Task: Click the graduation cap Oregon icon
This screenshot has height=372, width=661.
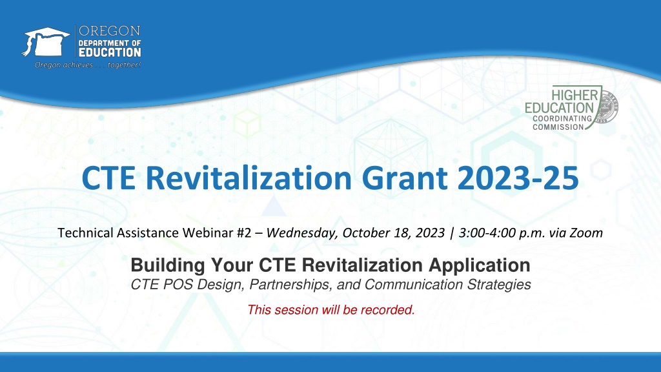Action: pos(46,42)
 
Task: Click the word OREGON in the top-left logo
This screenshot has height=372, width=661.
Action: pos(110,31)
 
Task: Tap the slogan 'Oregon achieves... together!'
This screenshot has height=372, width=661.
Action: pos(88,65)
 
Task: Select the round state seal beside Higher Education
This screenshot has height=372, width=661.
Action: pos(607,107)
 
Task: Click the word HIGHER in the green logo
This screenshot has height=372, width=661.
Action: pos(575,95)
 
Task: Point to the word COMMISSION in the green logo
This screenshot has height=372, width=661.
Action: pos(558,127)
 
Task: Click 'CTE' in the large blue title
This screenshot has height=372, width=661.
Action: pos(108,178)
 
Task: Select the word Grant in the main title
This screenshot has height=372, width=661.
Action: pos(404,178)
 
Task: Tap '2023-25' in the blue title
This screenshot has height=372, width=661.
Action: pos(518,178)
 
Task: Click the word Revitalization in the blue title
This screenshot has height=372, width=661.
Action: pos(249,178)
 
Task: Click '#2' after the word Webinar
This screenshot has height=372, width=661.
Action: pos(243,232)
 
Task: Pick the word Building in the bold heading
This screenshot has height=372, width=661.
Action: pos(168,265)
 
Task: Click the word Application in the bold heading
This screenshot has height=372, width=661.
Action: pos(480,265)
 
